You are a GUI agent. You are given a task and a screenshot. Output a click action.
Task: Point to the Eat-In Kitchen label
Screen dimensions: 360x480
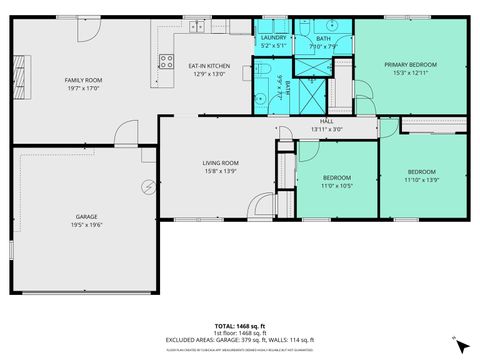click(x=208, y=66)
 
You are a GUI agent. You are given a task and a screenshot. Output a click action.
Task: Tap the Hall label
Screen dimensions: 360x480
click(x=326, y=122)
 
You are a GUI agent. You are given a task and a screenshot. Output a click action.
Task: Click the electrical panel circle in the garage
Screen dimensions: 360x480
click(x=149, y=186)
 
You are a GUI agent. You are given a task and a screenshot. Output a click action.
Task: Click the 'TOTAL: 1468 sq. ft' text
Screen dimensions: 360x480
click(x=239, y=326)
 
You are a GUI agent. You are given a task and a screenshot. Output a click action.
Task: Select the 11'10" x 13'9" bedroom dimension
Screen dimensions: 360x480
click(x=423, y=178)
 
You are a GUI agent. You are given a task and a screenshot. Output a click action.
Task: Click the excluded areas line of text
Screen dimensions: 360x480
click(x=239, y=339)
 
